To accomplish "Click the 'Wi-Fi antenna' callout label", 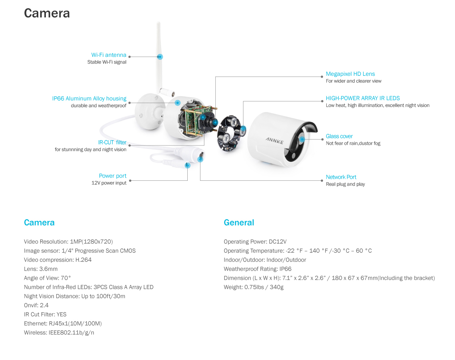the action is tap(109, 55).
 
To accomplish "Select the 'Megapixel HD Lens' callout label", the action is tap(350, 74).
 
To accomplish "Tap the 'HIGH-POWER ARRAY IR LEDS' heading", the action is tap(362, 98).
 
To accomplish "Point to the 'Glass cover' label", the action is tap(339, 136).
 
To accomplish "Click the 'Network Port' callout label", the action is tap(341, 177).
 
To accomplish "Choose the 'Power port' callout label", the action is tap(113, 176).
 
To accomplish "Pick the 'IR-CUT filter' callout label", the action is tap(112, 142).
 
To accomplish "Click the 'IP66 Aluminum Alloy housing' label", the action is tap(89, 99).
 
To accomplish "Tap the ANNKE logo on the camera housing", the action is tap(275, 141).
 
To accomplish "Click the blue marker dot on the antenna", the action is tap(160, 57).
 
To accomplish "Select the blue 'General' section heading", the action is tap(239, 222).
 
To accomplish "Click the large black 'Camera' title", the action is tap(47, 13).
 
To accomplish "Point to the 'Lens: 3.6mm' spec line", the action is tap(41, 269).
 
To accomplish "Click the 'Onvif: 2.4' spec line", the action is tap(36, 305).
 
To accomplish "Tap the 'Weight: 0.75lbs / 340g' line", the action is tap(254, 287).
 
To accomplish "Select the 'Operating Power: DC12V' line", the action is tap(255, 242).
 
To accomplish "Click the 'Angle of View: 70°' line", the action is tap(47, 278).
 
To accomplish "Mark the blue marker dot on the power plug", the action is tap(187, 165).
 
